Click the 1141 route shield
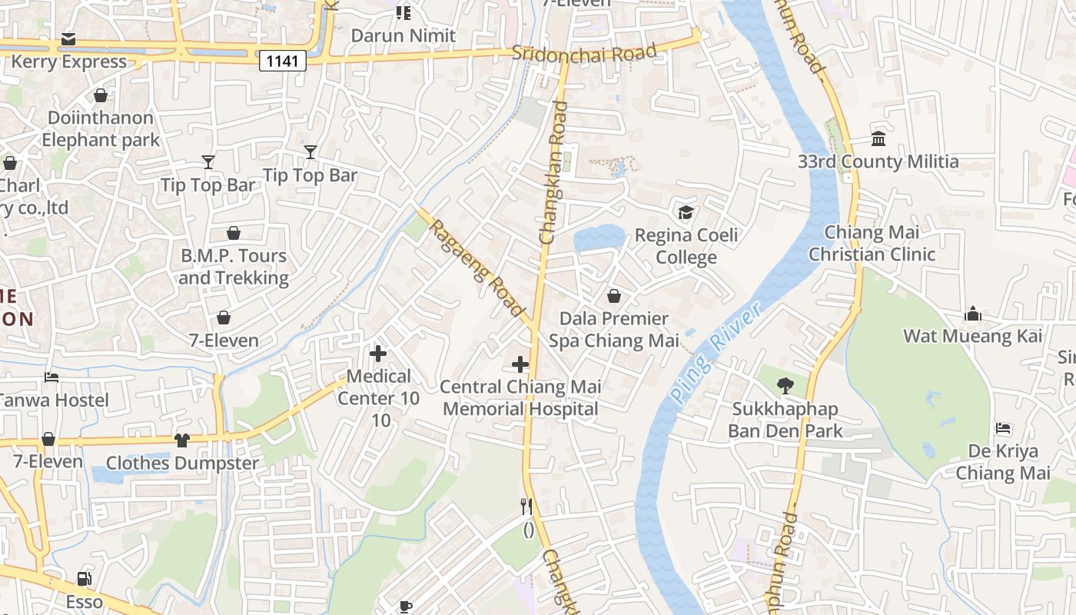(283, 61)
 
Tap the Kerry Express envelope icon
(68, 39)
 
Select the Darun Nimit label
(403, 35)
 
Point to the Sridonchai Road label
(584, 53)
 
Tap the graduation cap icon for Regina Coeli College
(686, 212)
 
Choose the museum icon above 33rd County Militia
(878, 139)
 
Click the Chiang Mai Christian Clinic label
(872, 243)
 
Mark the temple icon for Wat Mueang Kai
(973, 314)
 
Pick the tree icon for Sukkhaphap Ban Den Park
(785, 386)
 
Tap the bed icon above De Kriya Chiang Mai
(1002, 428)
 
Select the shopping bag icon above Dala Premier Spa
(614, 295)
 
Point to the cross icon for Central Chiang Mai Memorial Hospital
(520, 364)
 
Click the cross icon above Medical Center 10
(378, 354)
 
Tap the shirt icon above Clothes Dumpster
(181, 440)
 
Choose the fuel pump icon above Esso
(84, 579)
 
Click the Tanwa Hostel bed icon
(51, 377)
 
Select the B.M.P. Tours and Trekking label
(234, 266)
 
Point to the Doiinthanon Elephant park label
(101, 128)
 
